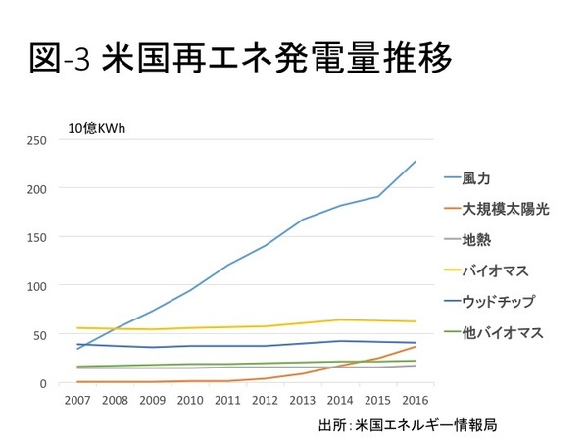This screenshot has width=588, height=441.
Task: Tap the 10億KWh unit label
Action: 96,127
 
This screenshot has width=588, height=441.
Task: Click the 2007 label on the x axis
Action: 76,401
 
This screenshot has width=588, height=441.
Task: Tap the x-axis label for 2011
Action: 227,401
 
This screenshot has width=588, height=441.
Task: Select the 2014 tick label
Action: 340,401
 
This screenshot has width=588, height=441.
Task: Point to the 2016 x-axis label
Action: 416,401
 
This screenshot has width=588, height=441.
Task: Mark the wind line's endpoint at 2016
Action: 416,161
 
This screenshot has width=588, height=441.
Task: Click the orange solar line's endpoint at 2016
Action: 416,347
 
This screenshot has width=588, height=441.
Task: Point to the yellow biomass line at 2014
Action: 340,319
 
